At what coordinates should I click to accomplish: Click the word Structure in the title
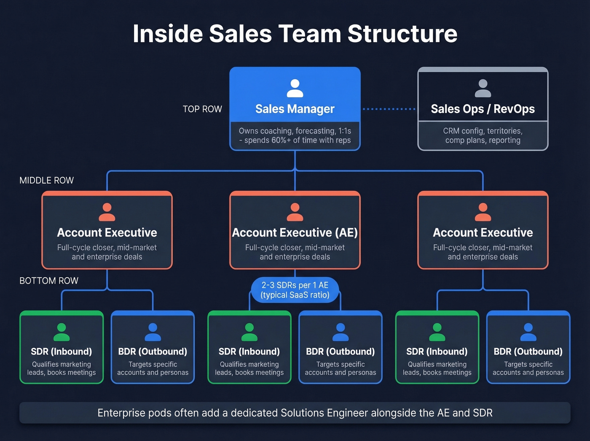402,34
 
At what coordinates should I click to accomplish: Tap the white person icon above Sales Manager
295,89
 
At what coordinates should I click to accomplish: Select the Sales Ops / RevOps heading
483,109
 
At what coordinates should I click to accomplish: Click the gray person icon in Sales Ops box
483,89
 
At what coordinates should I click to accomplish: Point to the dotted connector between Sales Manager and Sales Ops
389,109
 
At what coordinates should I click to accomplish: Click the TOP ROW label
202,109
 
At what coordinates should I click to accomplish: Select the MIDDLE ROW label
46,180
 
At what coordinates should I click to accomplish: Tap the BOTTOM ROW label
49,281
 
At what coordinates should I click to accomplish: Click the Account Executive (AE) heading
295,233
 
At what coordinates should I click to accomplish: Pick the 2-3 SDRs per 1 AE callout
295,290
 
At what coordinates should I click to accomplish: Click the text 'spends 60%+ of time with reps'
297,140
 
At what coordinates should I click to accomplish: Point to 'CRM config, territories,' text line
483,131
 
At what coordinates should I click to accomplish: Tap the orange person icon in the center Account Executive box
295,212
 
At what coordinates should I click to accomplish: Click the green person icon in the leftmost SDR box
62,332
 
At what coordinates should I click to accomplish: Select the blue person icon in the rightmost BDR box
528,332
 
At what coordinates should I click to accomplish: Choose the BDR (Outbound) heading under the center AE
340,352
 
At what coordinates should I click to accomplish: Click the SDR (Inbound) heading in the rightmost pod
437,352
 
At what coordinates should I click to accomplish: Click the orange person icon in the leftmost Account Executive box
107,212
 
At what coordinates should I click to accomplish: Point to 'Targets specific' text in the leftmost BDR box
153,364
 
